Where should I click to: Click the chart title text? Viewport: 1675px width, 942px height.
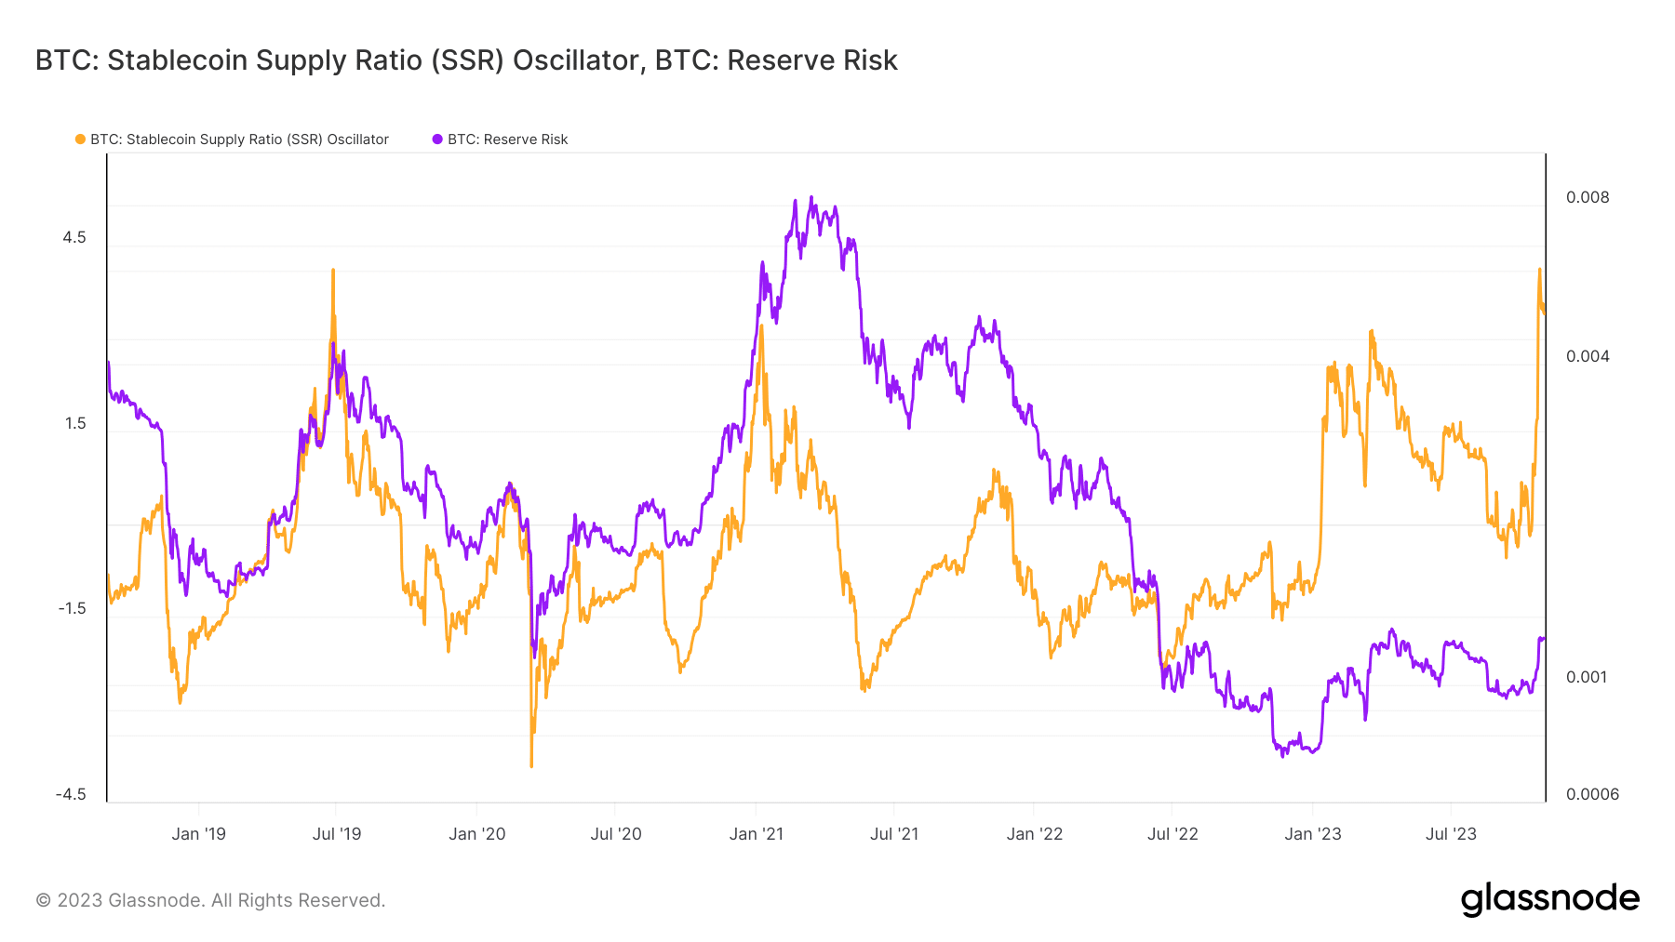[466, 60]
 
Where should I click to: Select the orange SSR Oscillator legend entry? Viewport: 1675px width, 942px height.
[233, 139]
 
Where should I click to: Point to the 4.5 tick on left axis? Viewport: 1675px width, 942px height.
[74, 237]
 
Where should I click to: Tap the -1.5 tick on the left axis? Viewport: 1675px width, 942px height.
[72, 608]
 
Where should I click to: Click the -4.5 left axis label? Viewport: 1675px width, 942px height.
[71, 794]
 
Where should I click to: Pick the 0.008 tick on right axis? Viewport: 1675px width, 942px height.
[1588, 197]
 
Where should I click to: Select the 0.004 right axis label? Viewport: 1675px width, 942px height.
[1588, 356]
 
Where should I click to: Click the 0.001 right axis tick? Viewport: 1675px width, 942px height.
[1587, 677]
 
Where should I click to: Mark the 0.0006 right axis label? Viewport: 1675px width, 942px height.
[1592, 794]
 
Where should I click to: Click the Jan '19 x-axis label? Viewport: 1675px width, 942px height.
[198, 834]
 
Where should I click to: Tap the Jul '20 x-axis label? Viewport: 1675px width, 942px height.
[616, 834]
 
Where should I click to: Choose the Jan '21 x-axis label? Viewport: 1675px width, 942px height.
[756, 834]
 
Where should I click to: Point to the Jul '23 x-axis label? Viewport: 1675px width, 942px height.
[1451, 834]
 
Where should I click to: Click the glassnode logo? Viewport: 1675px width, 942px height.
[1549, 899]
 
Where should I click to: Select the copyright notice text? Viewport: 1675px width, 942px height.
[210, 900]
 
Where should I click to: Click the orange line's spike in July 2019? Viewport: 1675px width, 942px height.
[333, 271]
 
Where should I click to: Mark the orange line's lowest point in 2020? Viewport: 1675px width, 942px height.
[531, 765]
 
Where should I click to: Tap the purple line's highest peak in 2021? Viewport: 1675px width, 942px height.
[811, 197]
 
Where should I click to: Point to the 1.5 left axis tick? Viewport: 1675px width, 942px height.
[74, 423]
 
